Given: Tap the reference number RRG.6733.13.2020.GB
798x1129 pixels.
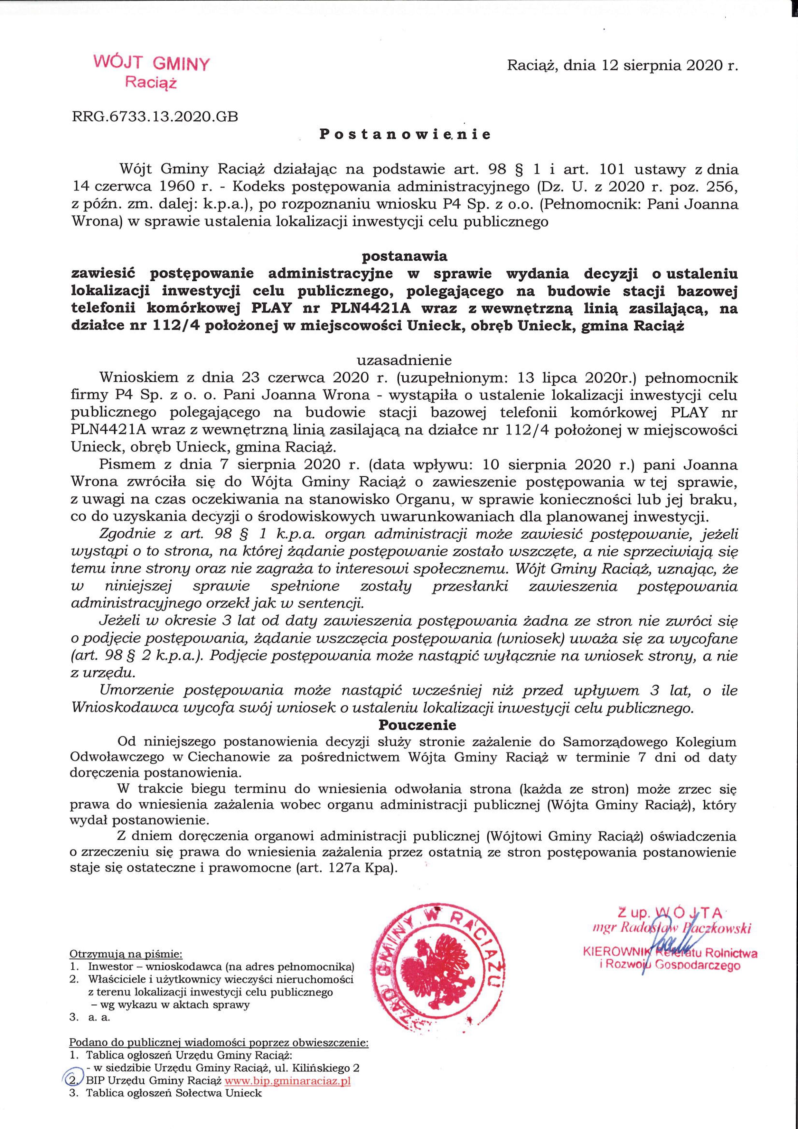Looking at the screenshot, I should [x=155, y=117].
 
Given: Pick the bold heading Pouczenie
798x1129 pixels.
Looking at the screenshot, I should [x=417, y=725].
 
